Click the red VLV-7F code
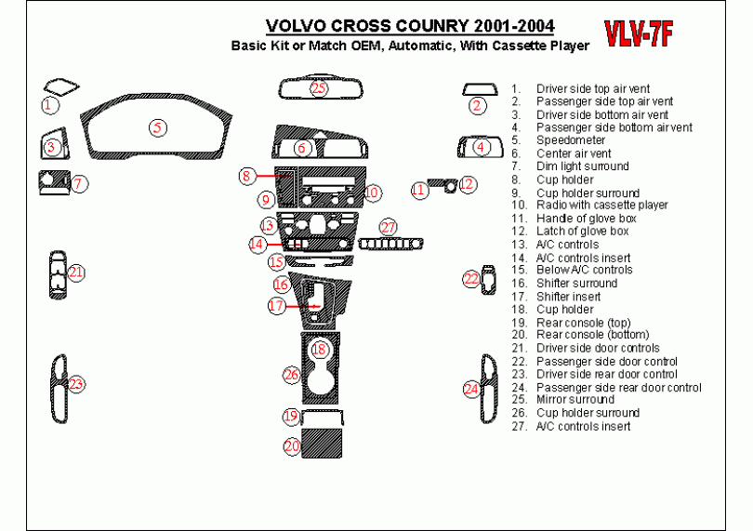point(639,33)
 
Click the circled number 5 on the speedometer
point(158,127)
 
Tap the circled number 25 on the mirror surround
point(319,88)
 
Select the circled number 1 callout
point(48,105)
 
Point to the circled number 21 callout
point(76,272)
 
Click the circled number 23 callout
point(76,384)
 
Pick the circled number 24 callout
point(471,389)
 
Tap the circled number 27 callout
point(388,227)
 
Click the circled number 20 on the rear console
point(292,446)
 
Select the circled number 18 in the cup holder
point(319,349)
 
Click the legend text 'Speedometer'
point(571,140)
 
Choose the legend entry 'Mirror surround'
point(575,399)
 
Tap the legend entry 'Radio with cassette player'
point(601,205)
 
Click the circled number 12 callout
point(468,185)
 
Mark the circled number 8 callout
point(246,175)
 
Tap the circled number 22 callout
point(472,278)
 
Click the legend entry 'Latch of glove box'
point(582,231)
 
